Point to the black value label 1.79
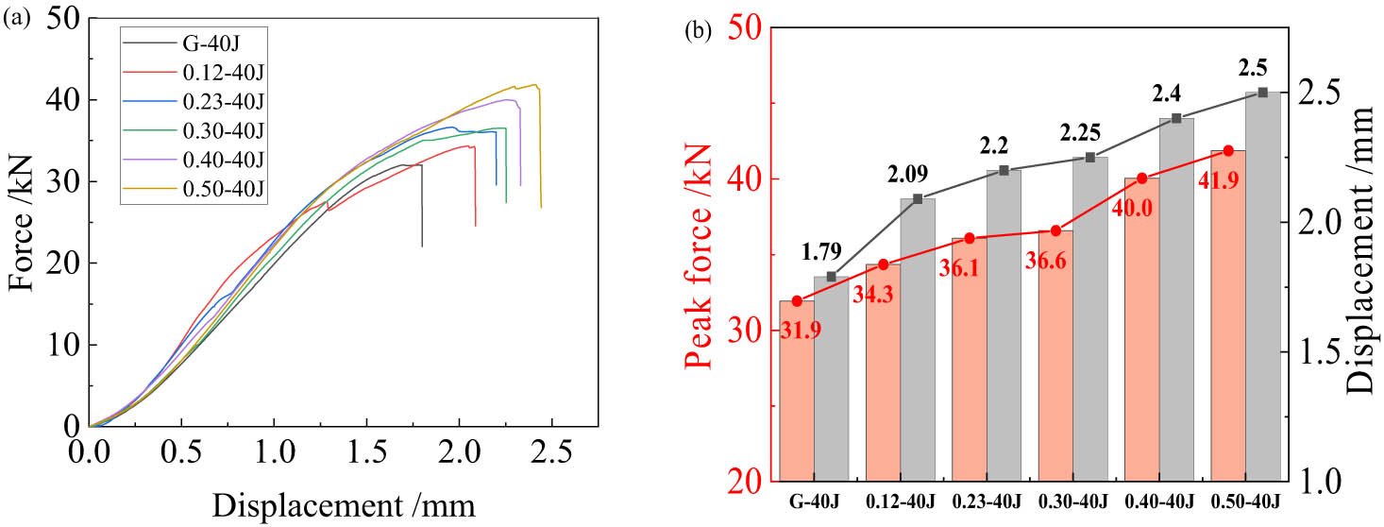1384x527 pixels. [820, 252]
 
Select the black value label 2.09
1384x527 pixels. [907, 174]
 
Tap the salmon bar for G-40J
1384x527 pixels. [798, 397]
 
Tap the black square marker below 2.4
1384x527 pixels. [1176, 118]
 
